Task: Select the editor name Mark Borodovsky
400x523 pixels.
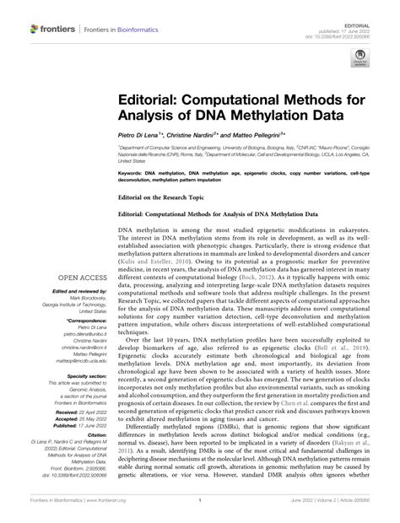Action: pyautogui.click(x=81, y=297)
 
